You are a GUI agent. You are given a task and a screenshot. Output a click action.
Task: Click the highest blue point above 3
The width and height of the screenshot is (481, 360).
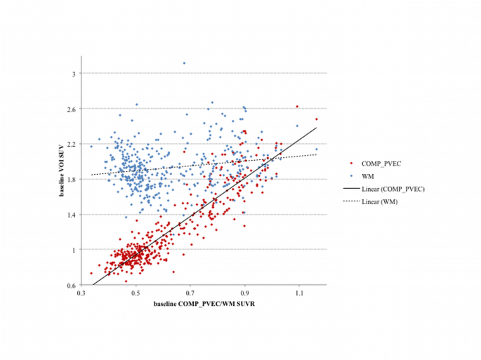point(184,63)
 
